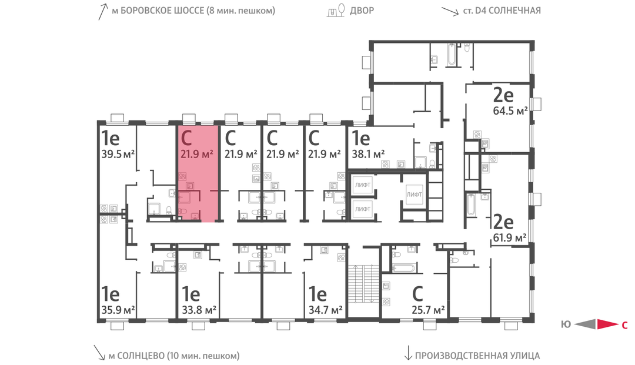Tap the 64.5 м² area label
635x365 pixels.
[510, 110]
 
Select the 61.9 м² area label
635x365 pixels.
[509, 237]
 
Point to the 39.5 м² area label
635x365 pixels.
[118, 154]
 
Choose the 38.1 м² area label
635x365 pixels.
[367, 154]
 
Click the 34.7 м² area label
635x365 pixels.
[326, 310]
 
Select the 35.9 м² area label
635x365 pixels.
[118, 310]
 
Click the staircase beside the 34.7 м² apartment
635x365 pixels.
[363, 284]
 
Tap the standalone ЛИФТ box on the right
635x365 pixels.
[415, 195]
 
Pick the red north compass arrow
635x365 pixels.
[607, 324]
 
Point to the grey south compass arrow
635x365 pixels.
[585, 324]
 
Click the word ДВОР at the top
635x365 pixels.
[362, 11]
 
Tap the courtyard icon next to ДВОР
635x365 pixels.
[336, 11]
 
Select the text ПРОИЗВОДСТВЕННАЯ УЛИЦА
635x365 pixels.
[477, 356]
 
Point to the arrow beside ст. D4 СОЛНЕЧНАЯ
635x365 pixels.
[450, 11]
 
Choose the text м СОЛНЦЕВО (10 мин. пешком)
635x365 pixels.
[173, 356]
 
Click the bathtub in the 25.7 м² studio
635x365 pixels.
[403, 268]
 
